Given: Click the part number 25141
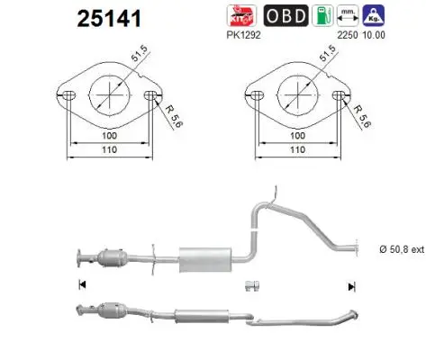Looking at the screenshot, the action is click(109, 18).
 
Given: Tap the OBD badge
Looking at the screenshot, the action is click(286, 15).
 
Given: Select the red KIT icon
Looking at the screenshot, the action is click(241, 15).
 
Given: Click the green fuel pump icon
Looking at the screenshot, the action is click(322, 15).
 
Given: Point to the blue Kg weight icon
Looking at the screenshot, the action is click(374, 15).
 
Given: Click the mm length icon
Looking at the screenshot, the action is click(348, 15).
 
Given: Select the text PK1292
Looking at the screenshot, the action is click(243, 35).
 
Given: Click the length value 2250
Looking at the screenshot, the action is click(348, 35).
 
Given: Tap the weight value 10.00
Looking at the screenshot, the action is click(374, 35).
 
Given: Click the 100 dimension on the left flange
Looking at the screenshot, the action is click(109, 136).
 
